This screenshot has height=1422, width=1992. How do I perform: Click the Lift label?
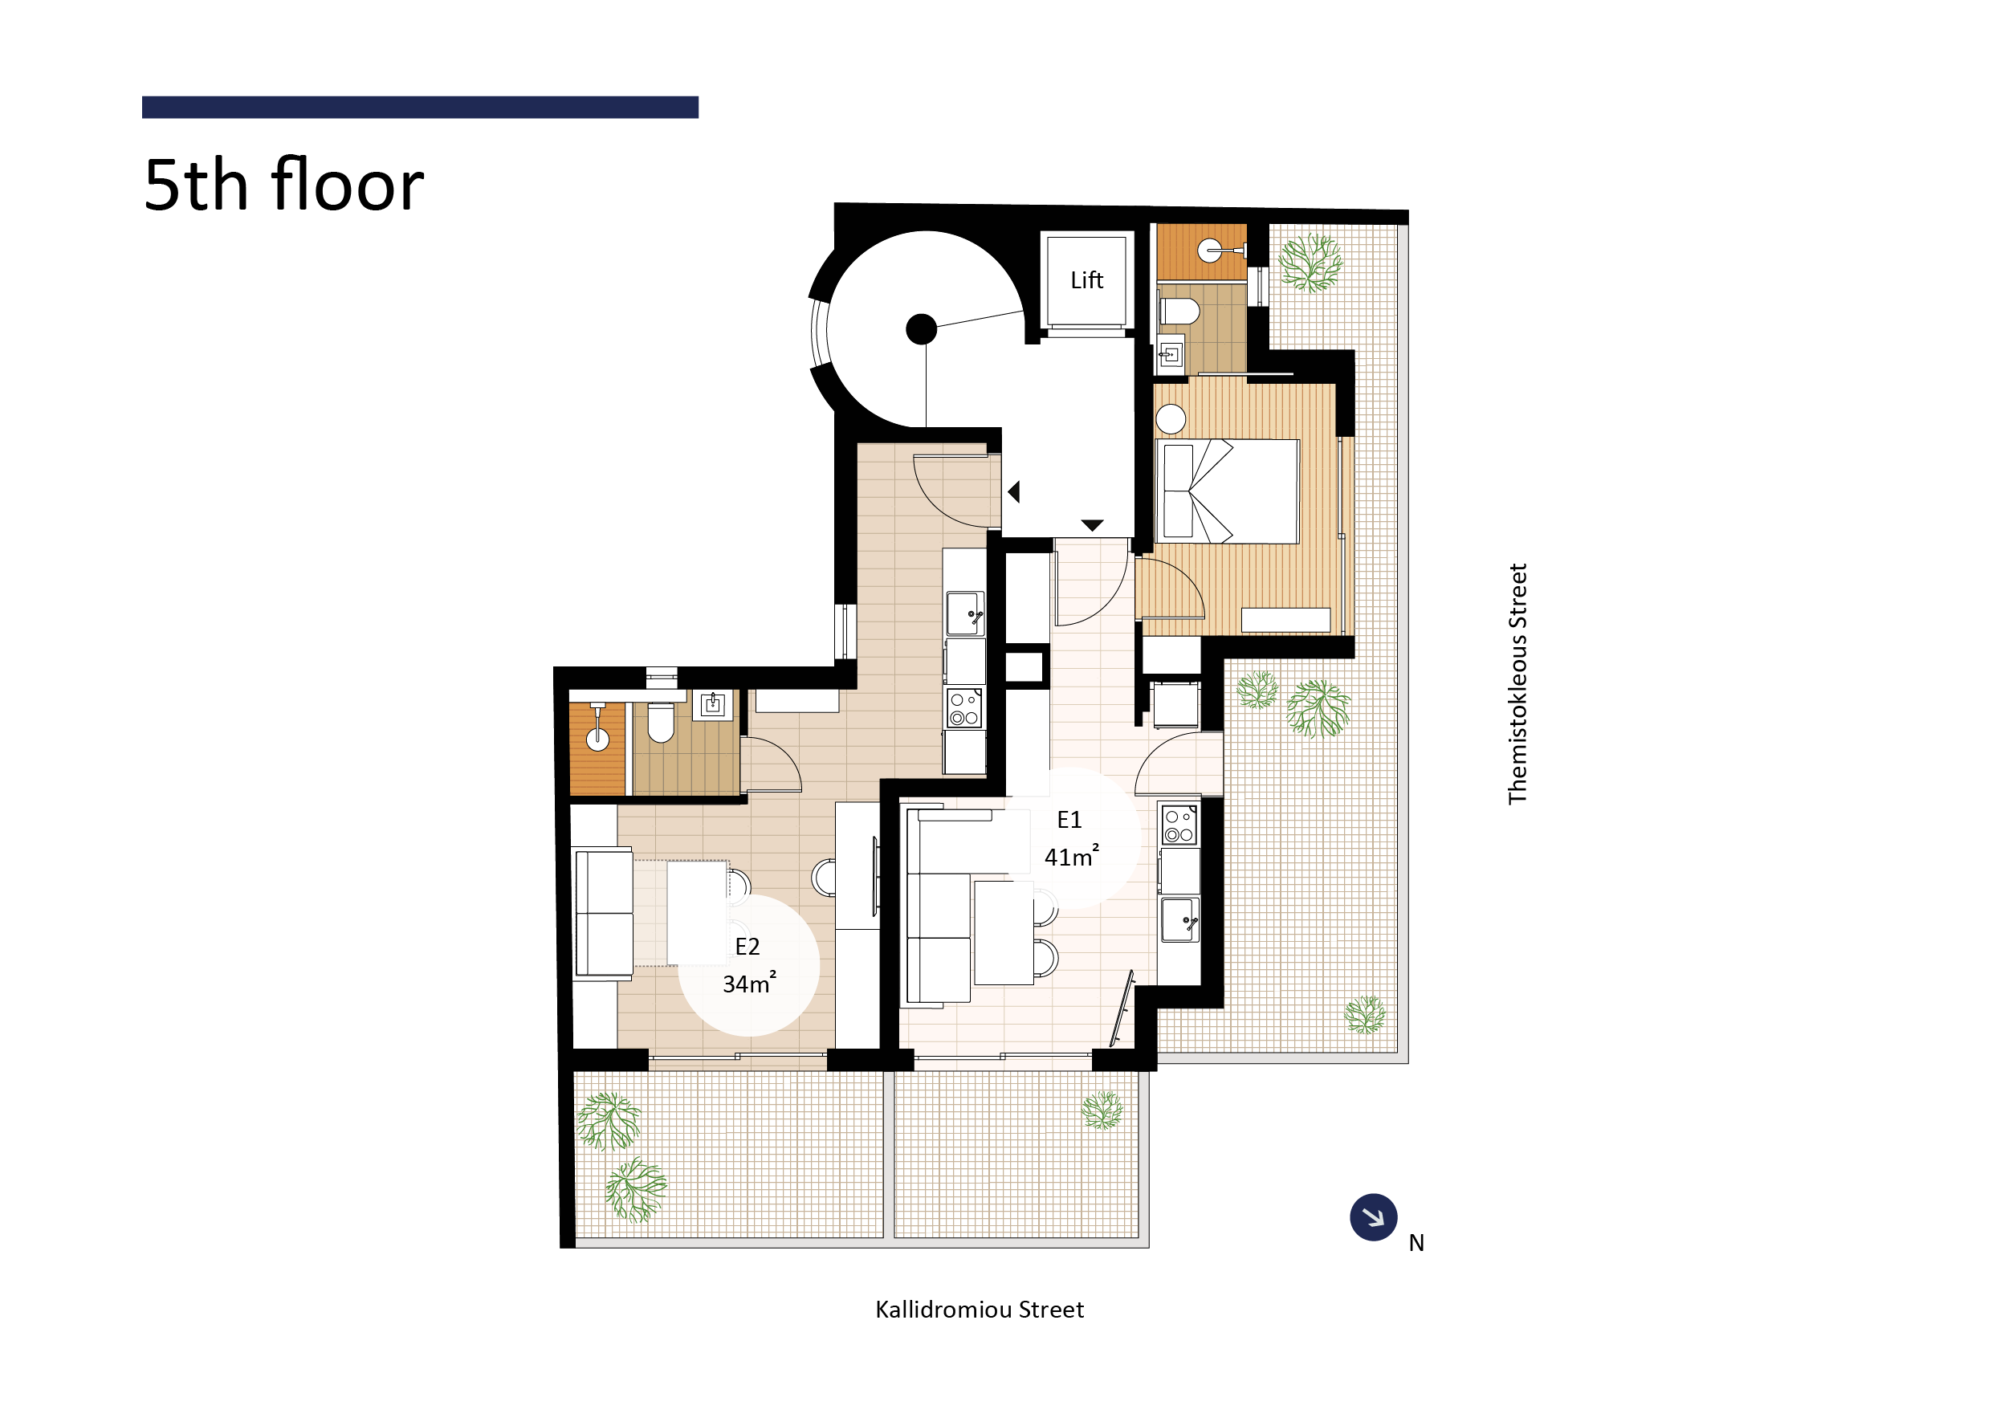coord(1086,280)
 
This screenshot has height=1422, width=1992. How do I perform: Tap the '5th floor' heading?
coord(283,185)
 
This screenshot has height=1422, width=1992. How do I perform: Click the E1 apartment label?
coord(1069,821)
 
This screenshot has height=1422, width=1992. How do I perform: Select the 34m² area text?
coord(748,984)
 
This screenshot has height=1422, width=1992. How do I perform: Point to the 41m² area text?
coord(1071,857)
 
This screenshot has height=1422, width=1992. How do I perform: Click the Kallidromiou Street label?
coord(979,1310)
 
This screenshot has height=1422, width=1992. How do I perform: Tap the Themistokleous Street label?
coord(1517,684)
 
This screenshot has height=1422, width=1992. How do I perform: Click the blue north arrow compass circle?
coord(1373,1217)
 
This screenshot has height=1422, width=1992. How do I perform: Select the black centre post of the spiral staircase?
coord(921,329)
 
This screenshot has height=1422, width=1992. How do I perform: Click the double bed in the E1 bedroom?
coord(1228,491)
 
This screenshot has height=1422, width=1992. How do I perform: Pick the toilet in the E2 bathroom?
coord(660,722)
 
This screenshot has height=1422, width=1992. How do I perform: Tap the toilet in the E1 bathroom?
coord(1179,311)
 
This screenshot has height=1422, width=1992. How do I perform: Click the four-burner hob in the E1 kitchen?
coord(1179,825)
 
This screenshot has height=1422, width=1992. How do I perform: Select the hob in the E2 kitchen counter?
coord(964,708)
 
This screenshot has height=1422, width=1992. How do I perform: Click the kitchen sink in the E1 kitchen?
coord(1179,919)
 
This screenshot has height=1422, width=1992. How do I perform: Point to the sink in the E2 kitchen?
coord(965,613)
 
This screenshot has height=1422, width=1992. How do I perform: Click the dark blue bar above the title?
coord(419,107)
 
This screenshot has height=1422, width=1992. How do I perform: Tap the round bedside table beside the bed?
coord(1171,419)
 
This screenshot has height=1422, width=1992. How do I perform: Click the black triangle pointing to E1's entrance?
coord(1092,525)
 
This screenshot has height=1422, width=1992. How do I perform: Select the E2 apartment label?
coord(747,947)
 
